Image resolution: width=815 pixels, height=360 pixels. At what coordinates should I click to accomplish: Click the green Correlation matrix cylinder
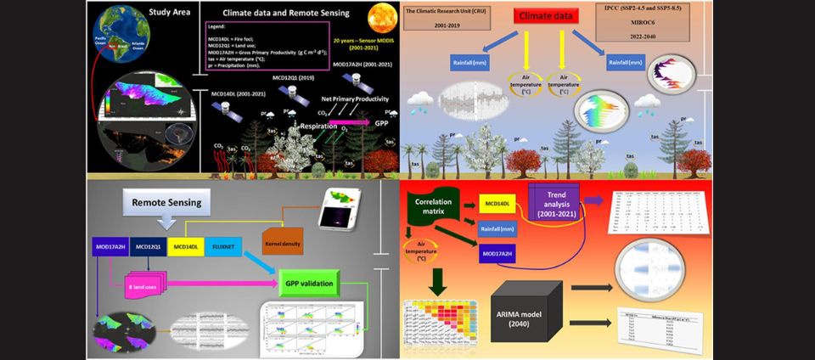click(x=431, y=209)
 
